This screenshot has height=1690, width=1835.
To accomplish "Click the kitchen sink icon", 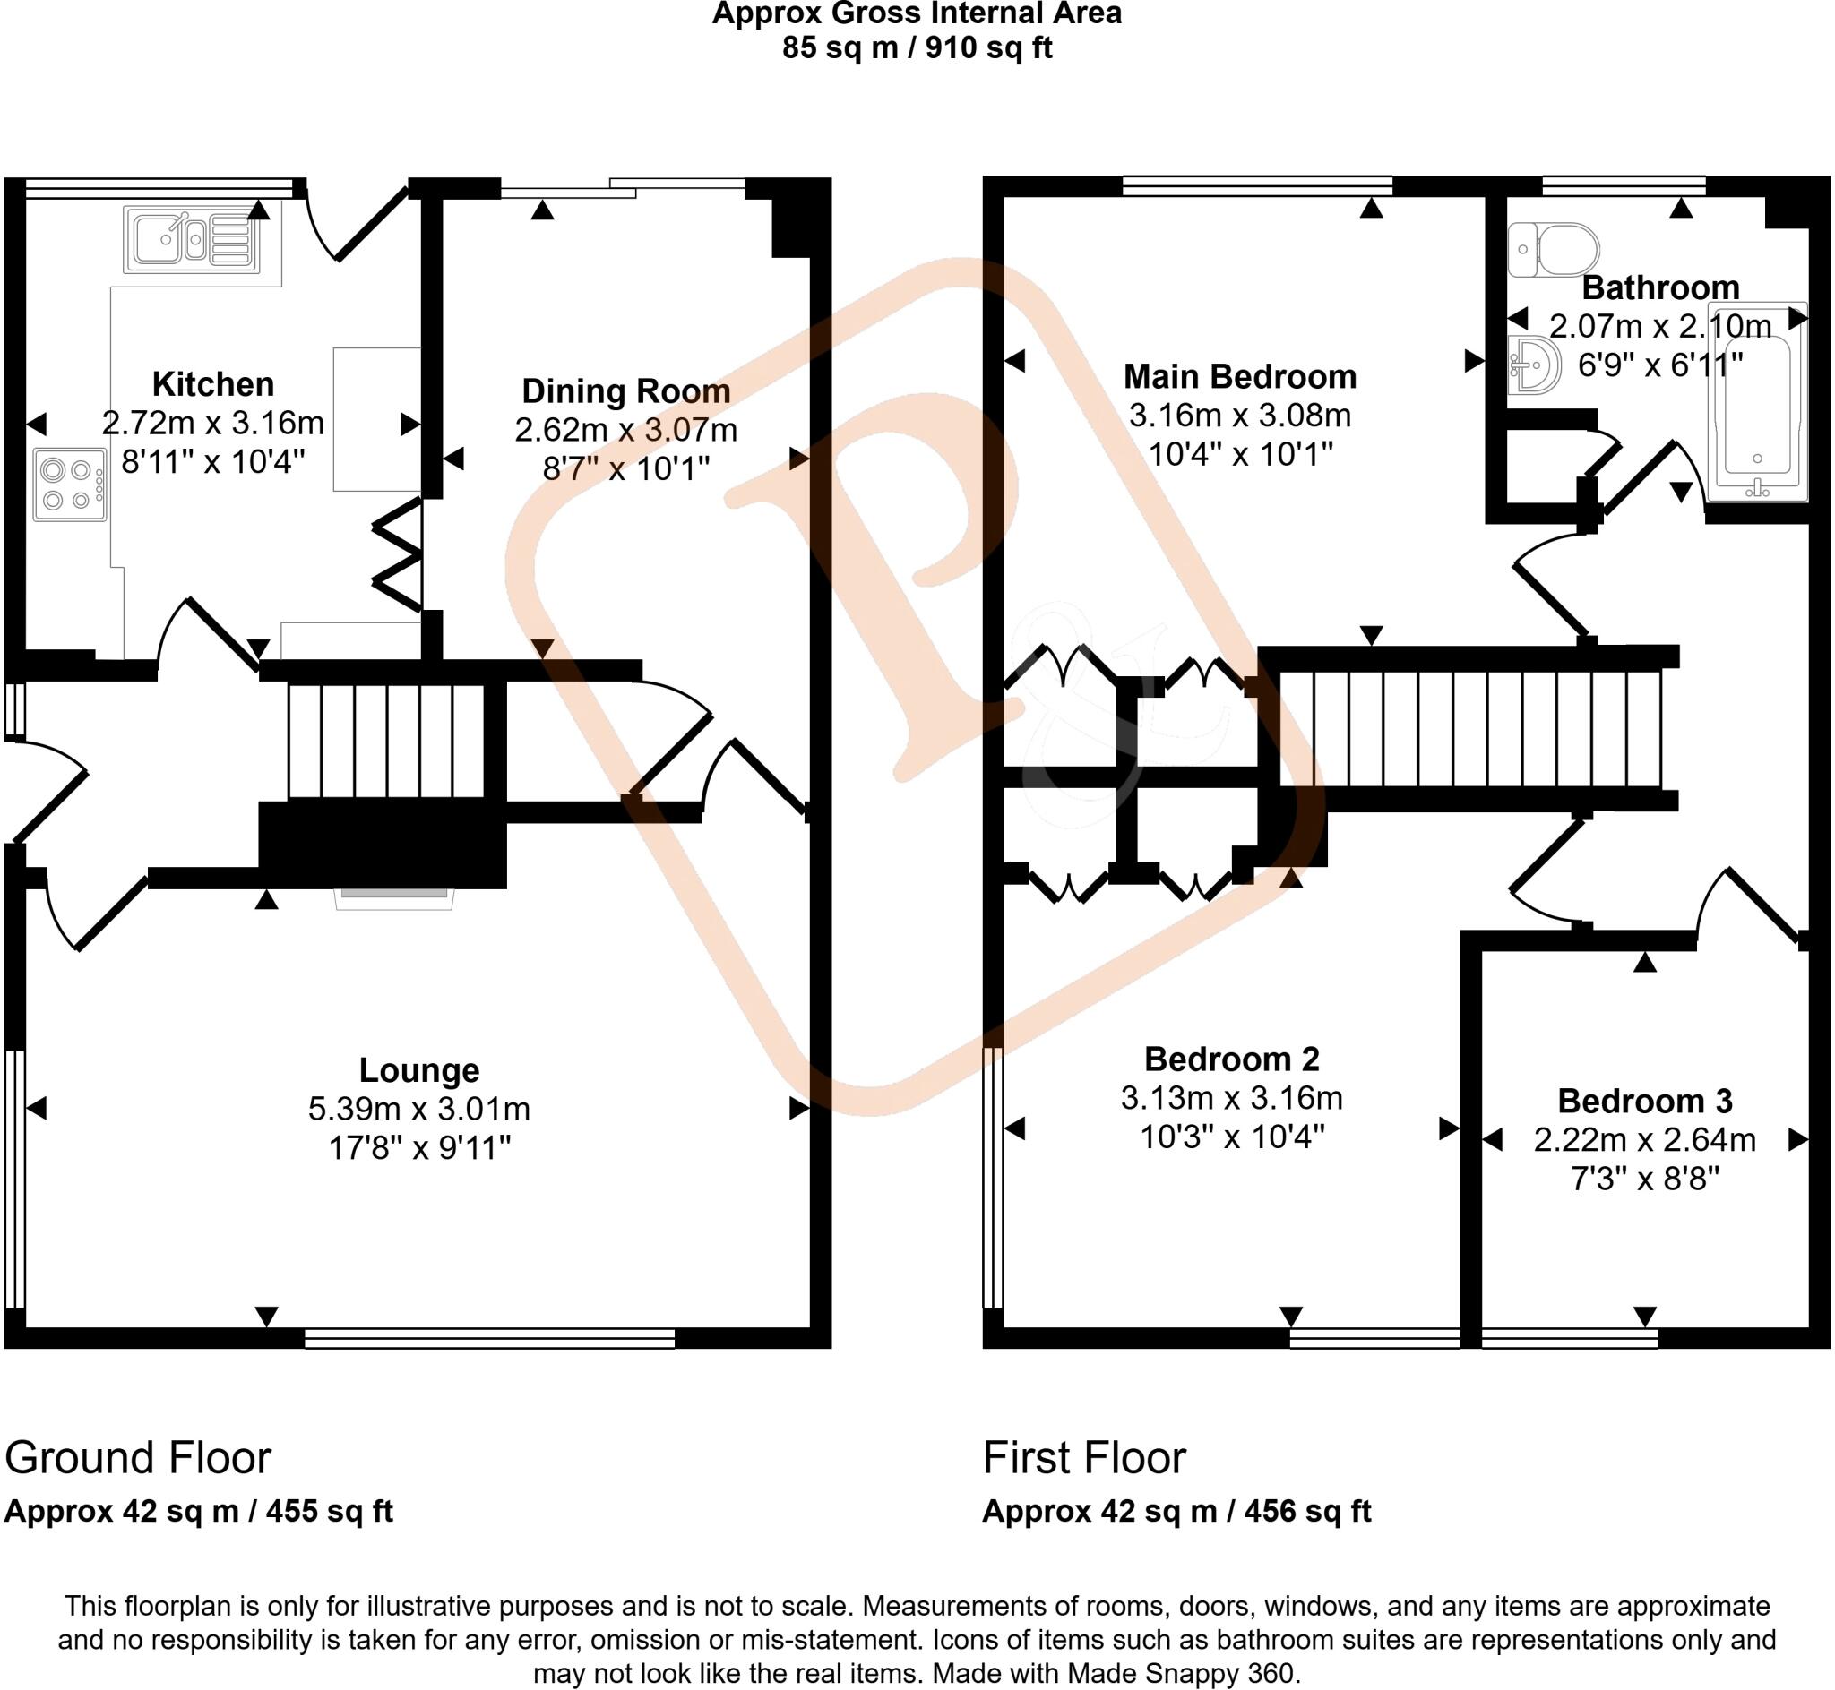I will point(191,240).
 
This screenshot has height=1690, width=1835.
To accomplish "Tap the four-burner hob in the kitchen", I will point(70,485).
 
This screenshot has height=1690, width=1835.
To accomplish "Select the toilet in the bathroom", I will point(1554,250).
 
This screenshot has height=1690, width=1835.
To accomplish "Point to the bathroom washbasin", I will point(1534,365).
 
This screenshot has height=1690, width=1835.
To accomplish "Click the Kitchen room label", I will point(212,384).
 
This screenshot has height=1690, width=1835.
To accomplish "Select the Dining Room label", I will point(625,391).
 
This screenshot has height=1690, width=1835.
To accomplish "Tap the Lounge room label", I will point(419,1070).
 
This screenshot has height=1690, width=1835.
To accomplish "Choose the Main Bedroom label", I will point(1239,377).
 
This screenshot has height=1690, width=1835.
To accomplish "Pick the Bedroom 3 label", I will point(1645,1101).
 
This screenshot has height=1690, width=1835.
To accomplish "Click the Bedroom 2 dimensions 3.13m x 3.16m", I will point(1231,1097).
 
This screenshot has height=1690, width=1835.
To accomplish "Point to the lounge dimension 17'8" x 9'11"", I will point(419,1147).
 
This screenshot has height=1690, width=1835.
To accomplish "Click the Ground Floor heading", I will point(138,1458).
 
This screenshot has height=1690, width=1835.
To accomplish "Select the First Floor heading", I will point(1084,1458).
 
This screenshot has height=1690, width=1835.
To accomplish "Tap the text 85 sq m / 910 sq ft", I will point(917,47).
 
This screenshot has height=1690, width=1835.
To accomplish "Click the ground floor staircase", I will point(385,741).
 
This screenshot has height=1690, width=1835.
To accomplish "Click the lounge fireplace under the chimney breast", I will point(394,897).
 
